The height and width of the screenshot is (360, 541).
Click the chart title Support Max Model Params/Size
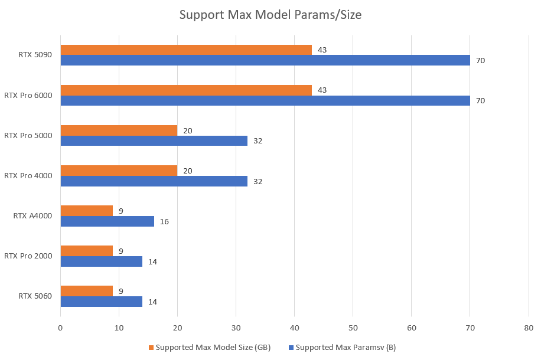[x=270, y=15]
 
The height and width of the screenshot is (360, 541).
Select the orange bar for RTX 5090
[x=186, y=50]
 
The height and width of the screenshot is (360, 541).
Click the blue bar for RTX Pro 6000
[x=265, y=100]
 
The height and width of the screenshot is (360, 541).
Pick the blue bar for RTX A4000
[x=107, y=221]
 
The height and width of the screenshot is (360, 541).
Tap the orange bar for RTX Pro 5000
[x=119, y=130]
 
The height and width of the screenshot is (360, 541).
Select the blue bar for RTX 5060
[x=102, y=302]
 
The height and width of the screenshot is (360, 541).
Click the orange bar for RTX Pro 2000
[x=87, y=251]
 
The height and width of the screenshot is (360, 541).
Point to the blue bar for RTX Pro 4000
[x=154, y=181]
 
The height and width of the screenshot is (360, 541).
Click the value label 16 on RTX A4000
[x=164, y=221]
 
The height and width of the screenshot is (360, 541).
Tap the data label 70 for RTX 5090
[x=480, y=60]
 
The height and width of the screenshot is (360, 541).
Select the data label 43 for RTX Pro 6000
[x=322, y=90]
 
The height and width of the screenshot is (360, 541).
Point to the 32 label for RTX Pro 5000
[x=258, y=141]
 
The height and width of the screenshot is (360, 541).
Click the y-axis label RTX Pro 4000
[x=28, y=175]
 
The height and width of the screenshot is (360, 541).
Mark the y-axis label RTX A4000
[x=32, y=215]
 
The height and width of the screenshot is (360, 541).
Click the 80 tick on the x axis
[x=528, y=328]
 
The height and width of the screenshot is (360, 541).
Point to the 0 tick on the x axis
[x=60, y=328]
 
